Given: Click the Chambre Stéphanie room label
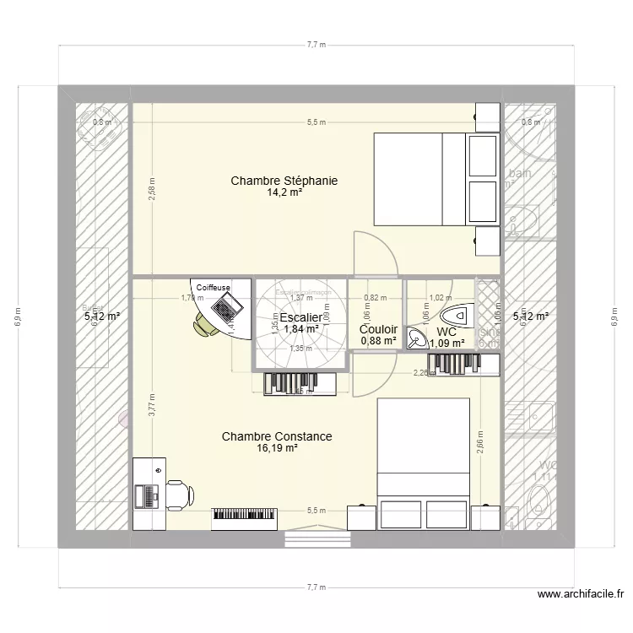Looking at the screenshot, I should (x=278, y=181).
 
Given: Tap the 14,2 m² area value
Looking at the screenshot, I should (x=284, y=192).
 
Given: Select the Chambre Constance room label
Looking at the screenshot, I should (x=277, y=436).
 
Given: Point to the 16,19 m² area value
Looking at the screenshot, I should (x=277, y=448).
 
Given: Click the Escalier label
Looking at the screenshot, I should (x=300, y=317).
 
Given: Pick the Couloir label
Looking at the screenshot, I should (x=378, y=329).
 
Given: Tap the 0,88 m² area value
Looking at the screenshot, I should (x=378, y=341).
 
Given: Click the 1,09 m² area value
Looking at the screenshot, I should (x=447, y=343).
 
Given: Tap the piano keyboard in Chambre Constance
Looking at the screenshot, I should (x=245, y=515).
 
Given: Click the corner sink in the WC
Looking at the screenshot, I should (x=417, y=338).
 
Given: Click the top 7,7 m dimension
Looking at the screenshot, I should (x=316, y=45).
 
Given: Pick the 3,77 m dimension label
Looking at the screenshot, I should (x=151, y=408).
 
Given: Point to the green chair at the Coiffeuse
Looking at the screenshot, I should (x=204, y=324).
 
